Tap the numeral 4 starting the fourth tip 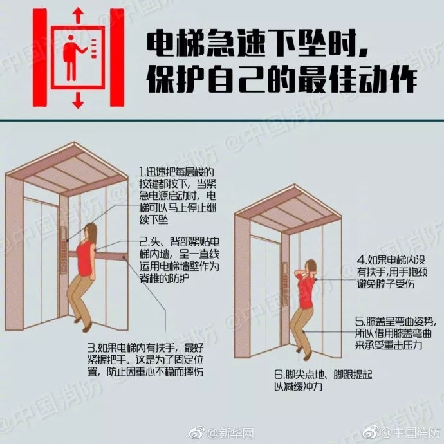tap(360, 261)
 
